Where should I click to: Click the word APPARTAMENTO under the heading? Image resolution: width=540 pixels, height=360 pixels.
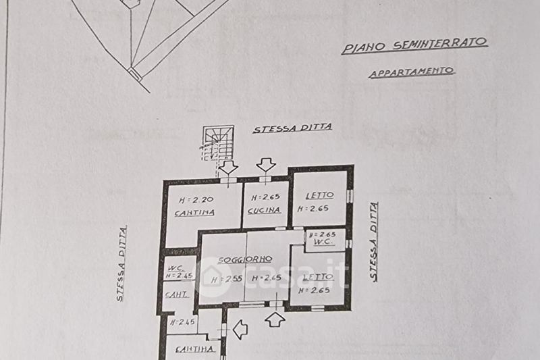[x=412, y=71]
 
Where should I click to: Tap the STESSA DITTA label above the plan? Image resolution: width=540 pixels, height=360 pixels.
[x=292, y=128]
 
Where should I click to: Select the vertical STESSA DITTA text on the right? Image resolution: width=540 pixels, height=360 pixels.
[x=373, y=241]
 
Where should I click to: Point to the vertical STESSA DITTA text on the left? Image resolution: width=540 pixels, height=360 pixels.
[x=121, y=263]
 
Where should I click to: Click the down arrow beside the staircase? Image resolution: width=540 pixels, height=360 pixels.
[x=227, y=168]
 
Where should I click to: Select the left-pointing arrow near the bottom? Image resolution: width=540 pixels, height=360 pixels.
[x=240, y=330]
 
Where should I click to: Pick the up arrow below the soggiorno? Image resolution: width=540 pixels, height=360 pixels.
[x=275, y=319]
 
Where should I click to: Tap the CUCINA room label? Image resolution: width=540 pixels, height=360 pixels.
[x=265, y=210]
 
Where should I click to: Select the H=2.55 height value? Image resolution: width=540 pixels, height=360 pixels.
[x=224, y=279]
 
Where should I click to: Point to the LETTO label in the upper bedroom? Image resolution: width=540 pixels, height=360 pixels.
[x=319, y=196]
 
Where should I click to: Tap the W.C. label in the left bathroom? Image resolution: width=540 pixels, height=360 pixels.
[x=175, y=268]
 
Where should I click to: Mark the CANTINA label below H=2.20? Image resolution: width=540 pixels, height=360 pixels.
[x=194, y=213]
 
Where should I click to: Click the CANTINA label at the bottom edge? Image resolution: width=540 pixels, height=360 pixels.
[x=195, y=349]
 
